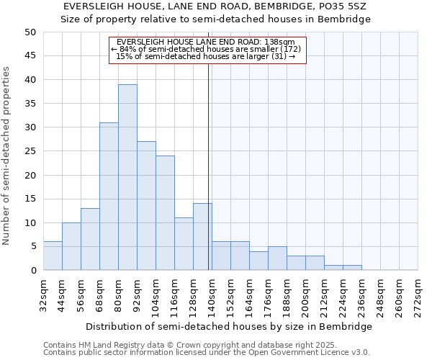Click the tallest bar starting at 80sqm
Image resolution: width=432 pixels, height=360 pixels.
[x=127, y=177]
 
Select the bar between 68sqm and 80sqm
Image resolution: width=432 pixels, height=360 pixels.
[x=109, y=197]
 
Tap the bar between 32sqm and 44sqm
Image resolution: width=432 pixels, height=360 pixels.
[x=53, y=256]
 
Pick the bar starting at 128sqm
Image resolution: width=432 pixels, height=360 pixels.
[x=202, y=237]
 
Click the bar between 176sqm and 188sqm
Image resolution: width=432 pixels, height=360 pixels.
[x=277, y=258]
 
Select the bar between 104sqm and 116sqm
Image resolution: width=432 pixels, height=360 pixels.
[x=165, y=213]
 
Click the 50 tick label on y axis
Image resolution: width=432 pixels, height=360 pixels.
[x=30, y=32]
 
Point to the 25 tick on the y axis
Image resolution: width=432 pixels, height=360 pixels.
[x=30, y=151]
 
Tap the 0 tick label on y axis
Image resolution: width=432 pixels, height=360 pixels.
[x=32, y=271]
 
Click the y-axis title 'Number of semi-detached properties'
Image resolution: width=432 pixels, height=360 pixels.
[x=7, y=156]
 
